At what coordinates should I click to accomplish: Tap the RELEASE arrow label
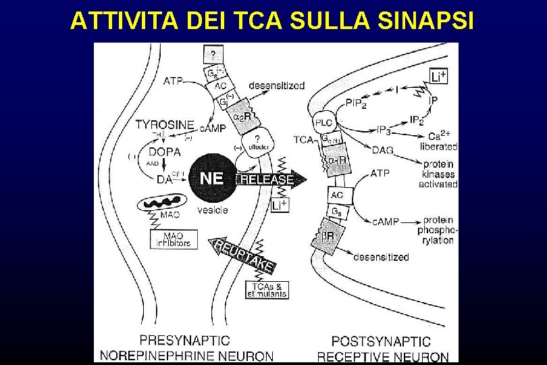click(267, 180)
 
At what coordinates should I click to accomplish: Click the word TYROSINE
click(165, 125)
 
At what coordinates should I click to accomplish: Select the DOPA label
click(165, 152)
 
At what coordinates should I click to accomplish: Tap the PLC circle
click(323, 122)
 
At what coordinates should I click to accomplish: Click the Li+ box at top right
click(438, 76)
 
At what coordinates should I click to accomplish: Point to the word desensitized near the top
click(277, 86)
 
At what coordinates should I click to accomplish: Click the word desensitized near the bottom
click(381, 257)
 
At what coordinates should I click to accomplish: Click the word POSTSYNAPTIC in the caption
click(382, 342)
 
